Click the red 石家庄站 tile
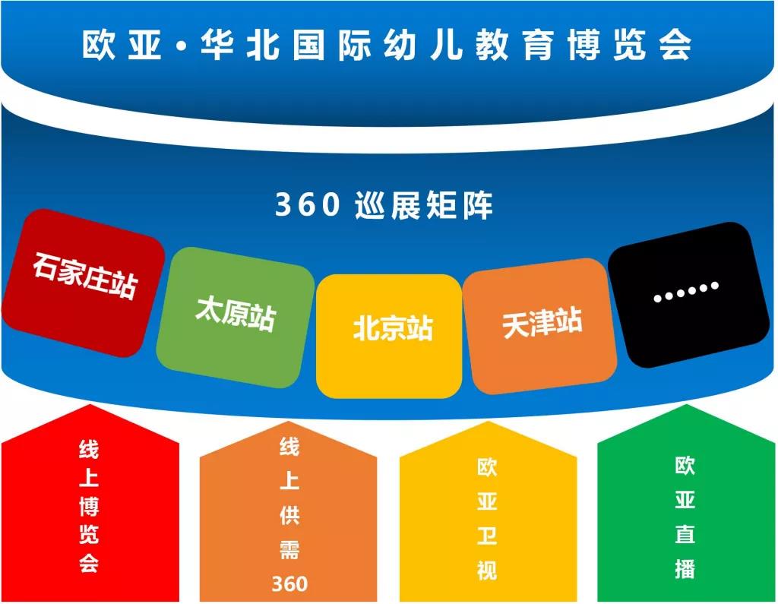(x=84, y=283)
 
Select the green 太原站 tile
(x=236, y=317)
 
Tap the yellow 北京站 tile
(x=390, y=336)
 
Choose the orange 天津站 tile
(x=540, y=326)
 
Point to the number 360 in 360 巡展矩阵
(x=308, y=204)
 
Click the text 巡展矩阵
(x=424, y=205)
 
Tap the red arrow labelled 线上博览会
(x=90, y=503)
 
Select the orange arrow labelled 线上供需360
(x=288, y=511)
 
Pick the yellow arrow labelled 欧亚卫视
(x=489, y=511)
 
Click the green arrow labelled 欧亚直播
(x=686, y=503)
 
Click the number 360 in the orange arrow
(x=289, y=583)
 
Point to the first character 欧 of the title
(x=99, y=45)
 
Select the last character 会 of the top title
(x=675, y=45)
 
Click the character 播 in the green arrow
(x=685, y=568)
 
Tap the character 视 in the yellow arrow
(x=487, y=570)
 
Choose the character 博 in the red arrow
(x=90, y=506)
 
